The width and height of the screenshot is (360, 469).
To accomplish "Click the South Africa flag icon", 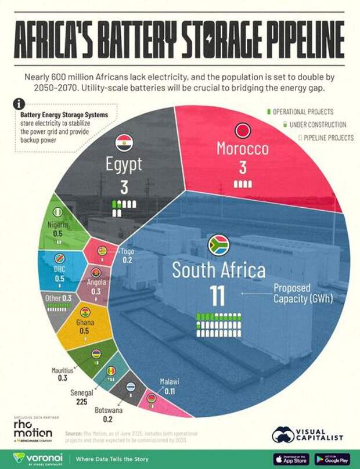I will [219, 246].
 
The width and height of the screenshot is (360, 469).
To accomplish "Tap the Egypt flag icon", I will [123, 141].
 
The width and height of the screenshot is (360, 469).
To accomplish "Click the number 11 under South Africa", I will [218, 295].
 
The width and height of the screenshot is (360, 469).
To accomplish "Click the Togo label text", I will [127, 251].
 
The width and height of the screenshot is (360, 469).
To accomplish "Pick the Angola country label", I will [96, 284].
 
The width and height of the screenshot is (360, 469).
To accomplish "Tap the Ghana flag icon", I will [85, 312].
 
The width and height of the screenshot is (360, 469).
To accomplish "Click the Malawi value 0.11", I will [170, 391].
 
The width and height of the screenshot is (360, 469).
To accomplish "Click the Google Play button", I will [332, 459].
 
